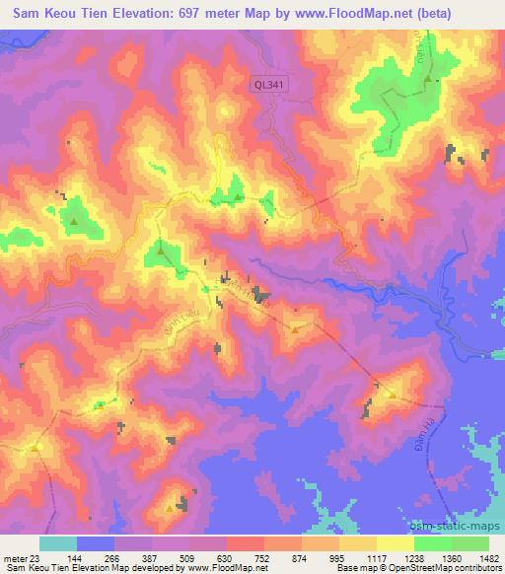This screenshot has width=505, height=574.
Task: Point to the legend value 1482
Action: pyautogui.click(x=486, y=557)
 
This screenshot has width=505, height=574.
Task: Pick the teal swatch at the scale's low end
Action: pyautogui.click(x=58, y=543)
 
